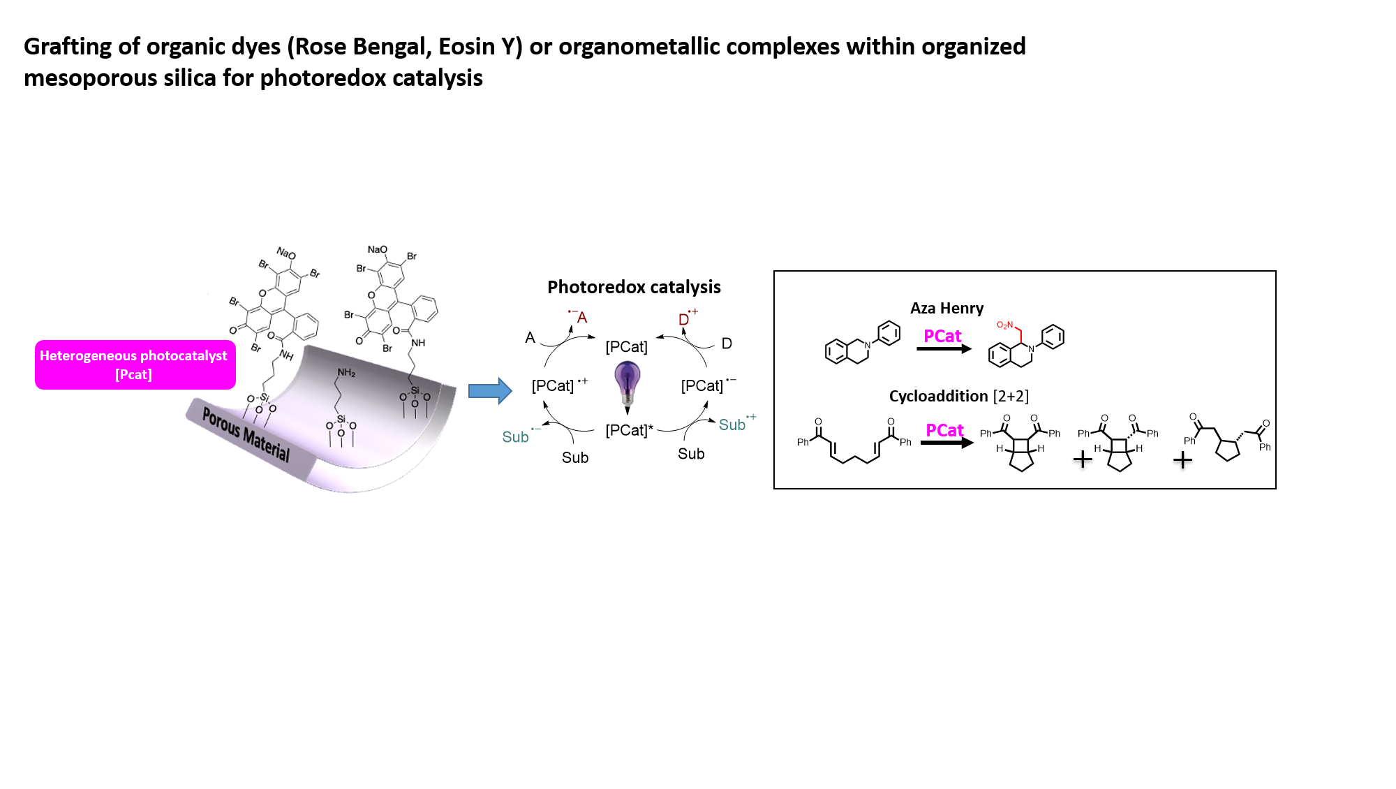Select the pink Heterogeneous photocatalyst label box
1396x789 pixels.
(135, 364)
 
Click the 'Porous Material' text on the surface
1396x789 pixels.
(246, 434)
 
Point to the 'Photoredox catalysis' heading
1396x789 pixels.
(634, 287)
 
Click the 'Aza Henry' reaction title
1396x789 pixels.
(946, 308)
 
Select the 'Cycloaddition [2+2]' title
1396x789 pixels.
(958, 396)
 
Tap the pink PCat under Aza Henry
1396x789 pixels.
(942, 336)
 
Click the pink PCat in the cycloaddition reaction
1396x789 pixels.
(944, 430)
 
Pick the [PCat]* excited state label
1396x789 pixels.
(630, 430)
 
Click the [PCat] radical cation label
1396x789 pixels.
(559, 385)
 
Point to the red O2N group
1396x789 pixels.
(1004, 325)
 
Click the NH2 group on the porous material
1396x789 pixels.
(346, 372)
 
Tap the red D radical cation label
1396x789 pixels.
(687, 318)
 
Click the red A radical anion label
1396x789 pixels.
(579, 317)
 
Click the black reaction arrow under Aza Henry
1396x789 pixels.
(944, 348)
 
